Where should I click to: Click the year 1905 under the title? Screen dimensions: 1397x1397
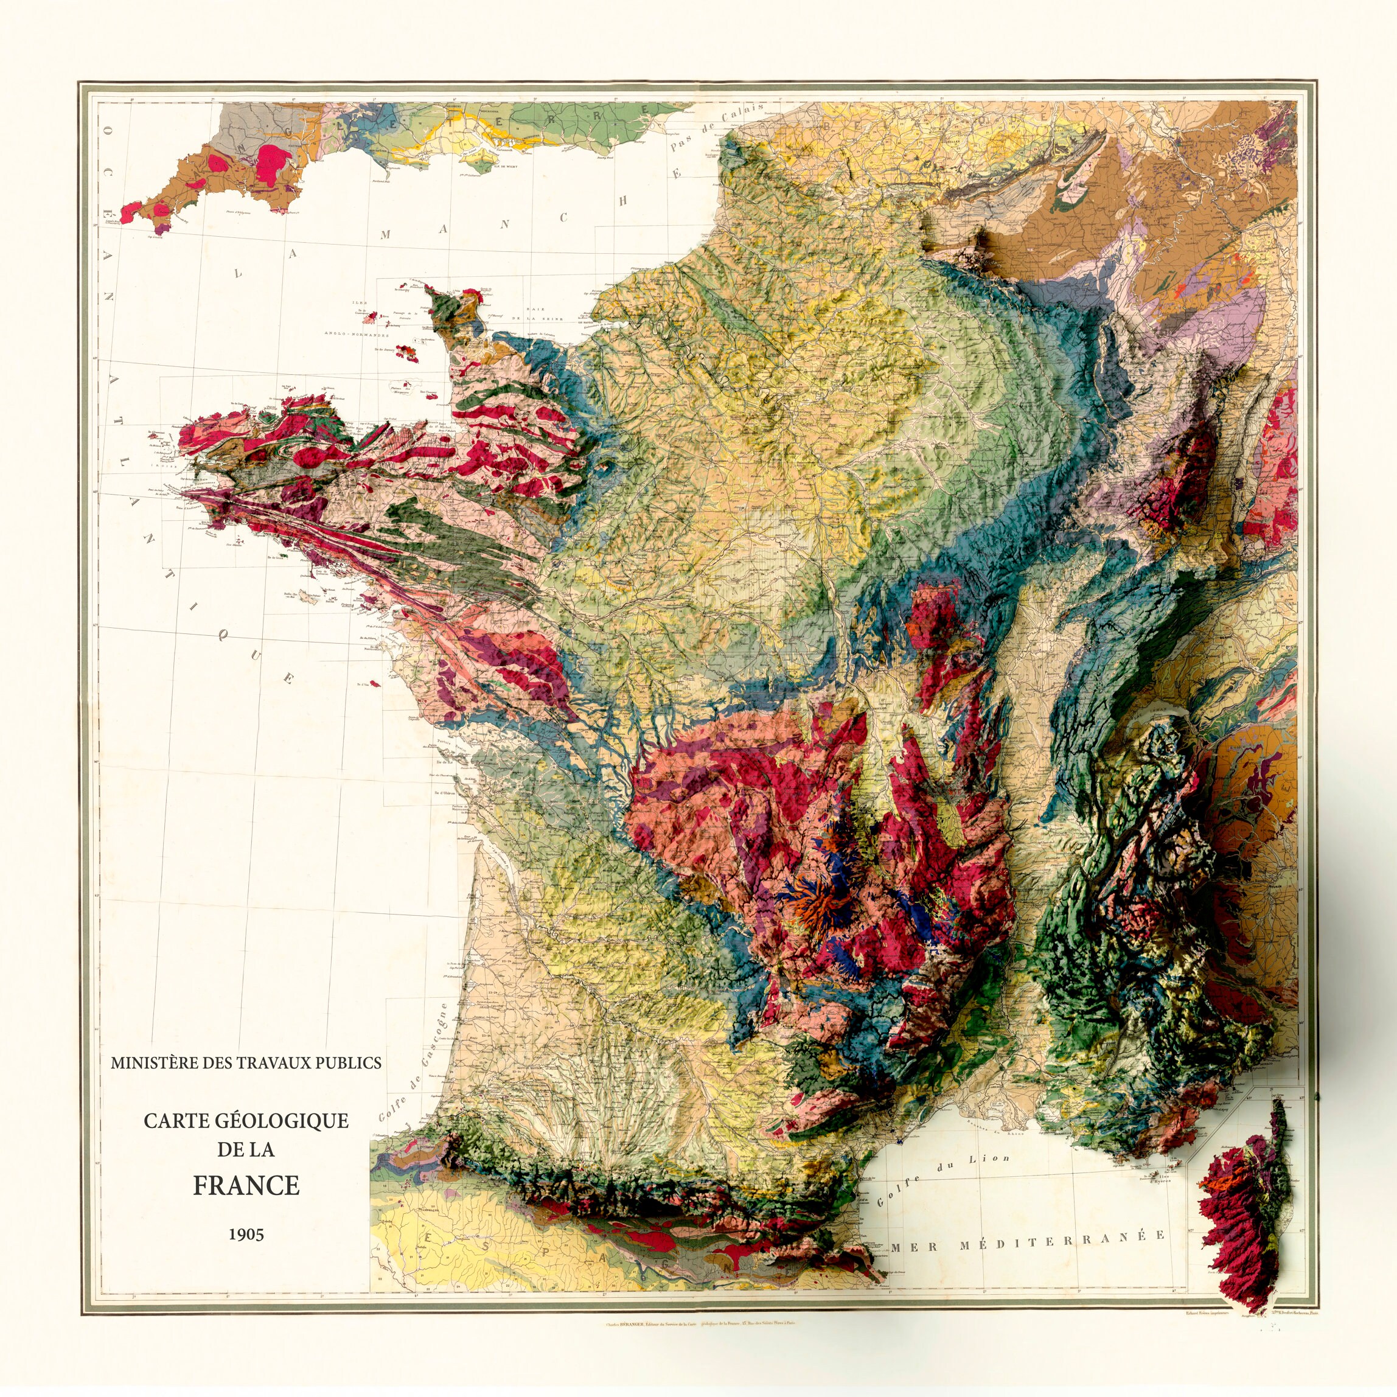click(x=246, y=1233)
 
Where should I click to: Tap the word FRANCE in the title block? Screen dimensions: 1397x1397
click(x=246, y=1186)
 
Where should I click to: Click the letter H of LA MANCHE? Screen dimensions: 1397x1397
click(x=621, y=200)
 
